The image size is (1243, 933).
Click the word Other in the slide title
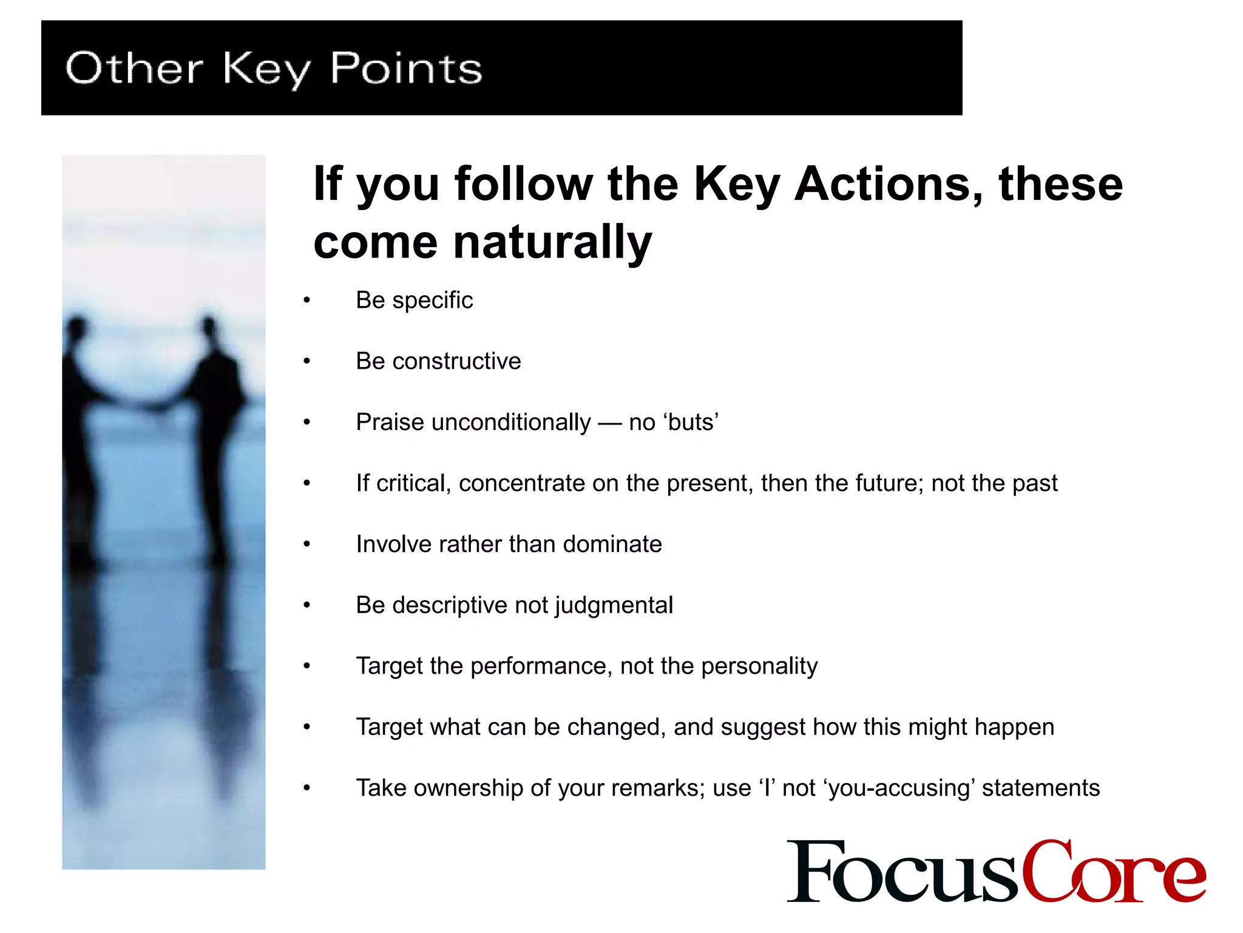point(134,68)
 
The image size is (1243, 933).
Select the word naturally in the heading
point(552,242)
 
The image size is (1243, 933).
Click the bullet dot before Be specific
point(307,300)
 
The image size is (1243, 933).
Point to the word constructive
point(456,361)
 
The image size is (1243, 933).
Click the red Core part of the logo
point(1114,871)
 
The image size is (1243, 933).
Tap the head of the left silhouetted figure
point(77,328)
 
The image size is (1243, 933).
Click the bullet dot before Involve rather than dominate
point(307,544)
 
